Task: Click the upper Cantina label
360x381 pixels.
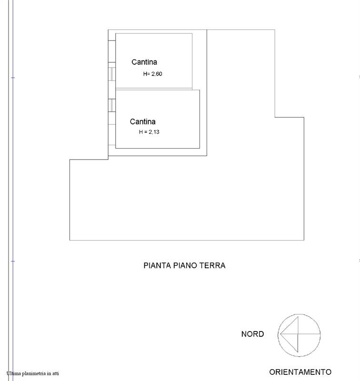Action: click(144, 62)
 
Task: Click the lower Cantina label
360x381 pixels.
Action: click(142, 121)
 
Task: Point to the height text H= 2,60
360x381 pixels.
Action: click(152, 74)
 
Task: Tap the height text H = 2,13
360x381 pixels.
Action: click(149, 132)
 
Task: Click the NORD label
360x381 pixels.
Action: click(253, 334)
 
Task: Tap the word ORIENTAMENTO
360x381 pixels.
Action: click(300, 372)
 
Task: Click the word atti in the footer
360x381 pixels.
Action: click(55, 373)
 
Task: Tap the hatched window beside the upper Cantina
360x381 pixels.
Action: click(112, 74)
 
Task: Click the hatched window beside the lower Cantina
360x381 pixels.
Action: click(112, 105)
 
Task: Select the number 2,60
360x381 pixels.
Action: click(157, 74)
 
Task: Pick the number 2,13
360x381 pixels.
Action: click(154, 132)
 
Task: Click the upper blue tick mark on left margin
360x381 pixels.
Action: click(13, 78)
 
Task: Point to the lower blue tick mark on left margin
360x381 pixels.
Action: click(13, 261)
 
